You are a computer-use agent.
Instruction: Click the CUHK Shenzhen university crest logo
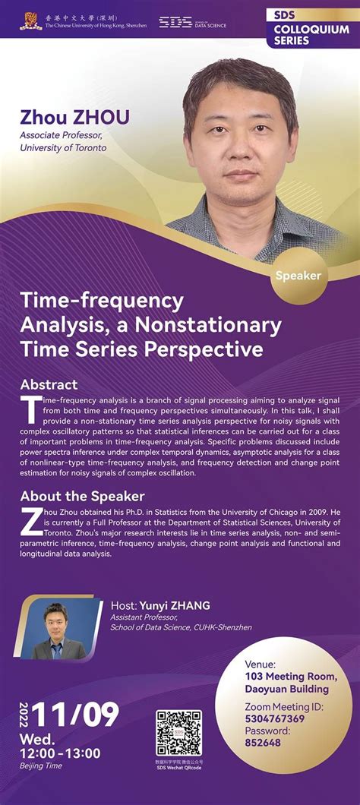[31, 21]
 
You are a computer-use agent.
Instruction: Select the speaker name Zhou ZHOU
[75, 117]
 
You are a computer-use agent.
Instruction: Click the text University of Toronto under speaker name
[64, 147]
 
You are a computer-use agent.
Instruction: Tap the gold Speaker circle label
[299, 276]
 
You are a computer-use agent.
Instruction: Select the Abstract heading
[49, 384]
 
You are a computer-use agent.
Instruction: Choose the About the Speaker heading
[82, 497]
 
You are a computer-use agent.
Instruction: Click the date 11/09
[78, 715]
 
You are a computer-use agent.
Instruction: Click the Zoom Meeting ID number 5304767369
[275, 718]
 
